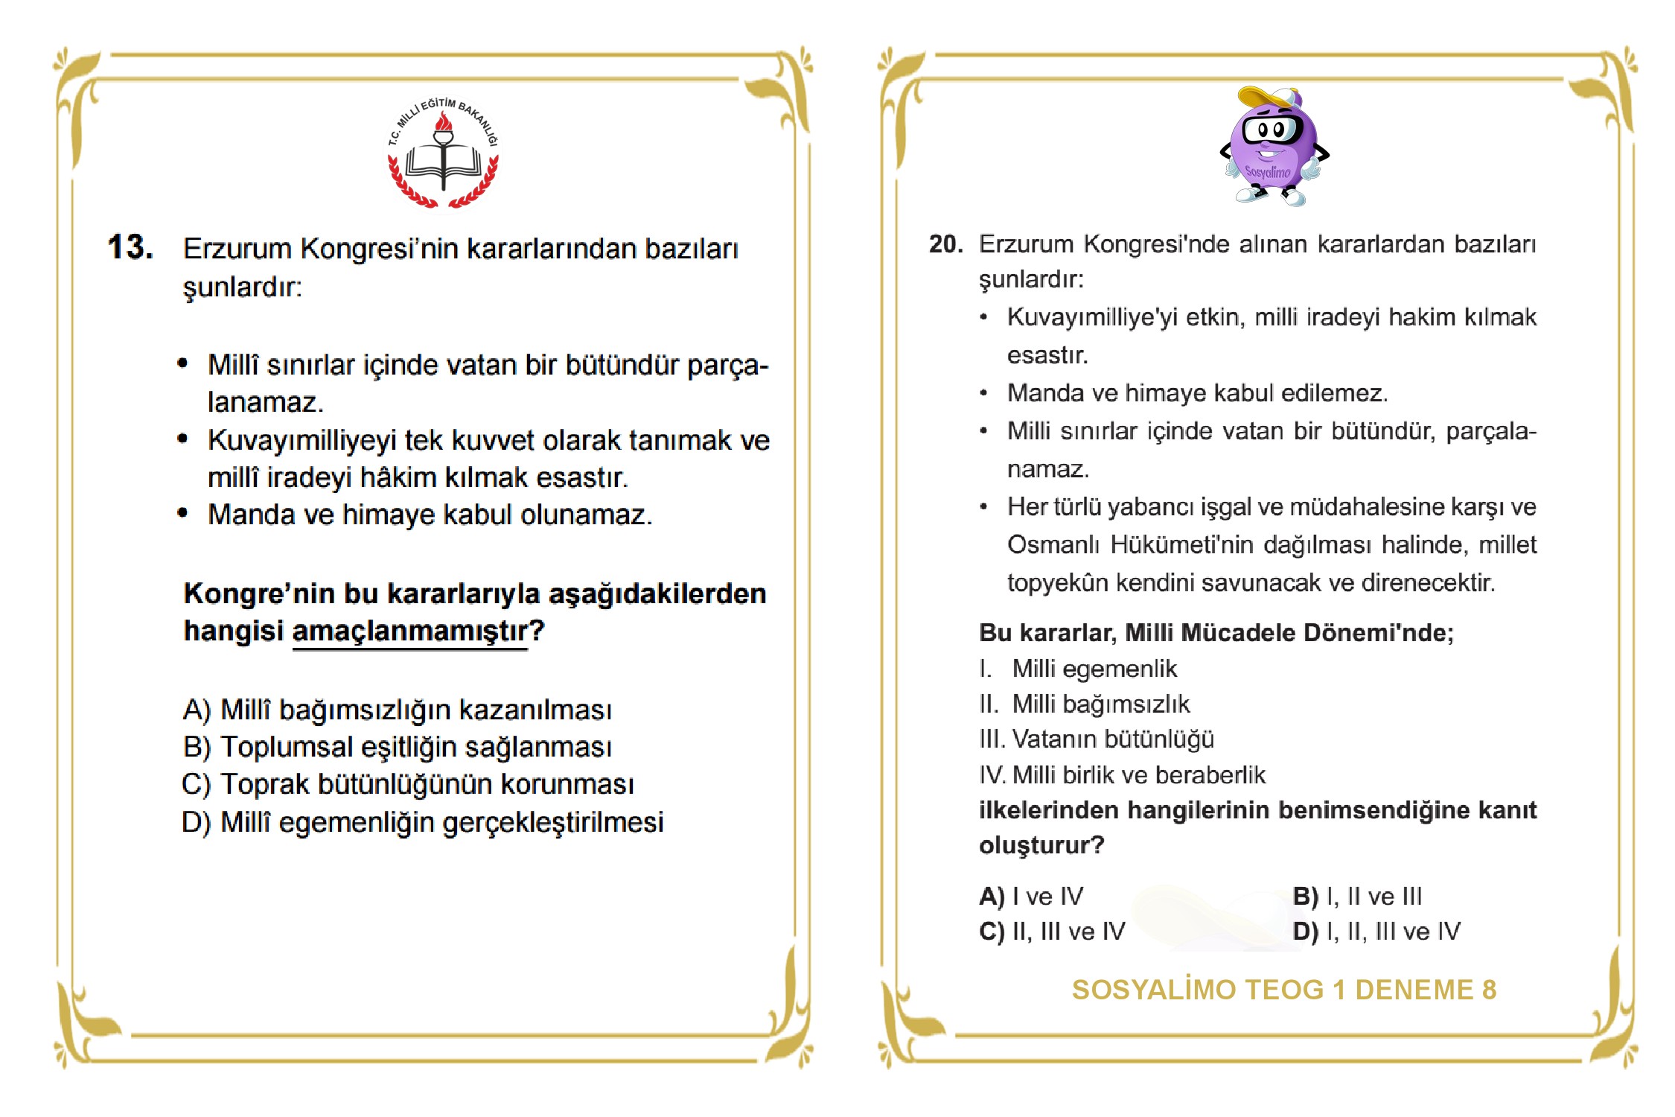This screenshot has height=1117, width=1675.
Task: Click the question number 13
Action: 130,247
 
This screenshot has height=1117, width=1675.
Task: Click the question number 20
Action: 945,244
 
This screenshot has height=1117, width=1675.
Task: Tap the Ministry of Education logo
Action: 444,153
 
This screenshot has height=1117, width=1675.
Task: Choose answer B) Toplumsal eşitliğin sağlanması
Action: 398,747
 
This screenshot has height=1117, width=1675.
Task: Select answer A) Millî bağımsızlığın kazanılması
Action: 398,710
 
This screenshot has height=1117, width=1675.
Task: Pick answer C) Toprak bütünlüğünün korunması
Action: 408,784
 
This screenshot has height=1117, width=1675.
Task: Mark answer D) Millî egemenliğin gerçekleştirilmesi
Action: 423,822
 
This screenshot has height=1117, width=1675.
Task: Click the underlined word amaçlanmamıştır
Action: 410,631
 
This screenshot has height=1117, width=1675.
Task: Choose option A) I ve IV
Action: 1031,896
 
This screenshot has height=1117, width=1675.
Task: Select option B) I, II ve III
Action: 1357,896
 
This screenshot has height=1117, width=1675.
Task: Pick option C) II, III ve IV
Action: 1052,931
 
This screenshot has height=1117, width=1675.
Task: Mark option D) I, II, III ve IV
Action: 1376,931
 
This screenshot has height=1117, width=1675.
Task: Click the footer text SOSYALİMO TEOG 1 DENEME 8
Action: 1283,990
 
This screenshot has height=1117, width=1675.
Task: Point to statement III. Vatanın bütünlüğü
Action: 1097,739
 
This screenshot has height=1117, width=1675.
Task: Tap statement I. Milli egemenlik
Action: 1078,669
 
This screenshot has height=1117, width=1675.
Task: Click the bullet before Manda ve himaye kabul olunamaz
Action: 182,513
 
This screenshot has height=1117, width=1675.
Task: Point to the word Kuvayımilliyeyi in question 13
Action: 302,440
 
